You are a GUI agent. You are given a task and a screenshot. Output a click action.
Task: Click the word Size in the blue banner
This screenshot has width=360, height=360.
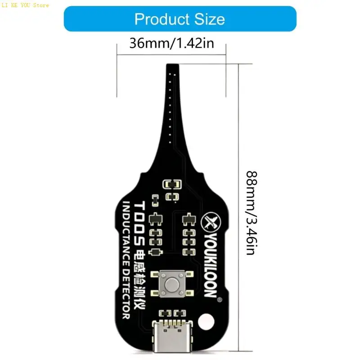click(210, 19)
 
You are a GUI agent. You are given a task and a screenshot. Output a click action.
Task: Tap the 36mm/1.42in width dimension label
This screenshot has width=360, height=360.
click(171, 43)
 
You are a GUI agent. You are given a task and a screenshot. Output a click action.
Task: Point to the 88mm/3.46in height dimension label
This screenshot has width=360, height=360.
click(252, 213)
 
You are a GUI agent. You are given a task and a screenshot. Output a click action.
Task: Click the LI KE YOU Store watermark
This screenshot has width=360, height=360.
click(25, 5)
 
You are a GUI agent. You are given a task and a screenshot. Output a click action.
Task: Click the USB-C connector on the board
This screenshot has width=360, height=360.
click(172, 336)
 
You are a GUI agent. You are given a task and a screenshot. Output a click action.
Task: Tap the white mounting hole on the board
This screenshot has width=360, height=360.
click(206, 322)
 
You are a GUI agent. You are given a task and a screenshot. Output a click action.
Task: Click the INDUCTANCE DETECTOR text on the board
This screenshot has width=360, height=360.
click(126, 260)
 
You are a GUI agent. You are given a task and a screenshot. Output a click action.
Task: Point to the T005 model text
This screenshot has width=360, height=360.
click(139, 223)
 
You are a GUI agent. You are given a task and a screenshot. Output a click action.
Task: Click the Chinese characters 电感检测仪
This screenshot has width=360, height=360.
click(139, 279)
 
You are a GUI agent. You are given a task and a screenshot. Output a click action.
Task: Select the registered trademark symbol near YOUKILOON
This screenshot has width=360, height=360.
click(220, 299)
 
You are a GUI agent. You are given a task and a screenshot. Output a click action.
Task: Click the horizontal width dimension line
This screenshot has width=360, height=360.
click(171, 55)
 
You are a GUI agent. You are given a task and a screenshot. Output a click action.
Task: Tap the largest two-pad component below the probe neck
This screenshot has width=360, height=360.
click(172, 184)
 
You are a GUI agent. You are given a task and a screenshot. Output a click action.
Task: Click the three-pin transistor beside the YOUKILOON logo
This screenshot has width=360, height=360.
click(189, 219)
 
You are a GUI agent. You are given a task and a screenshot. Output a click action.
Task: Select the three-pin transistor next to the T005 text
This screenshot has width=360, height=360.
click(156, 219)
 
